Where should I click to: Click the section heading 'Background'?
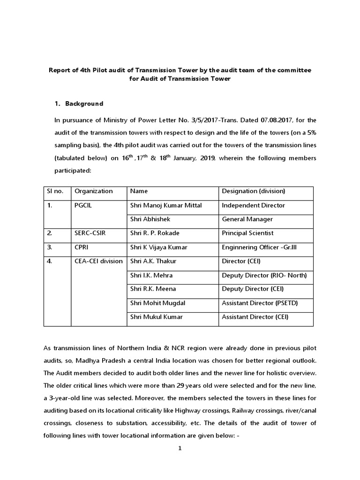84,104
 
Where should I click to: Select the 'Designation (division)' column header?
253,191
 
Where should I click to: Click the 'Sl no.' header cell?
55,191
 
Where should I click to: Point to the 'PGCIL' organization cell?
84,205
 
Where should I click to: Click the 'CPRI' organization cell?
82,247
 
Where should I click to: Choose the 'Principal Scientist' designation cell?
247,233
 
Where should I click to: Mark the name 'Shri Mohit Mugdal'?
157,303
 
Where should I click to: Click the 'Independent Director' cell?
253,205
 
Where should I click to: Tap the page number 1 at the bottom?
180,448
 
